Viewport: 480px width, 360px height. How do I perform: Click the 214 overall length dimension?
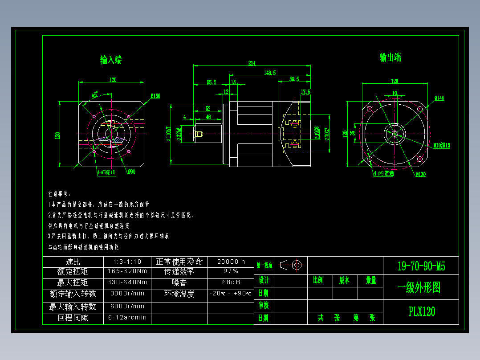pos(252,63)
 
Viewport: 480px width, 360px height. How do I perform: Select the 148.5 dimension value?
pos(269,72)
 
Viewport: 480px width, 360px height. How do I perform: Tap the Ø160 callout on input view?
pos(155,96)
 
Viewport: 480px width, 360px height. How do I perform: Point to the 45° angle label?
pos(95,94)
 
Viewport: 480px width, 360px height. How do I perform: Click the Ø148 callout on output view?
pos(439,98)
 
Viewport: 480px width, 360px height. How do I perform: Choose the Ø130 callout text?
pos(420,174)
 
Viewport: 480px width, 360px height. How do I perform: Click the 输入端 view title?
pos(111,60)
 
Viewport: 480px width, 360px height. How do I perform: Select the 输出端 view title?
pos(390,57)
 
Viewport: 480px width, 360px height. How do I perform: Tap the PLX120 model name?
pos(422,311)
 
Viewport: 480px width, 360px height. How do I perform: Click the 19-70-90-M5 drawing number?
pos(421,266)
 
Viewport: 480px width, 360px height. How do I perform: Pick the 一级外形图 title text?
pos(419,288)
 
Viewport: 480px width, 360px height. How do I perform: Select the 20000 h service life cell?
pos(231,262)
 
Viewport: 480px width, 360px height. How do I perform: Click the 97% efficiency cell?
pos(231,271)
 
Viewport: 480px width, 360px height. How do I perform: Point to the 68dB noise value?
pos(231,282)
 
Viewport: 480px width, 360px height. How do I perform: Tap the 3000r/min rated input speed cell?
pos(127,294)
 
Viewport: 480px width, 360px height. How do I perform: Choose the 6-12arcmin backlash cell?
pos(127,318)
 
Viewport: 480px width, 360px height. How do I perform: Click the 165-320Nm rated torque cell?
pos(127,271)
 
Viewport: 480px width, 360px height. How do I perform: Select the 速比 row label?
pos(73,262)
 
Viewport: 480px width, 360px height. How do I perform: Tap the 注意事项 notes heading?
pos(59,194)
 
